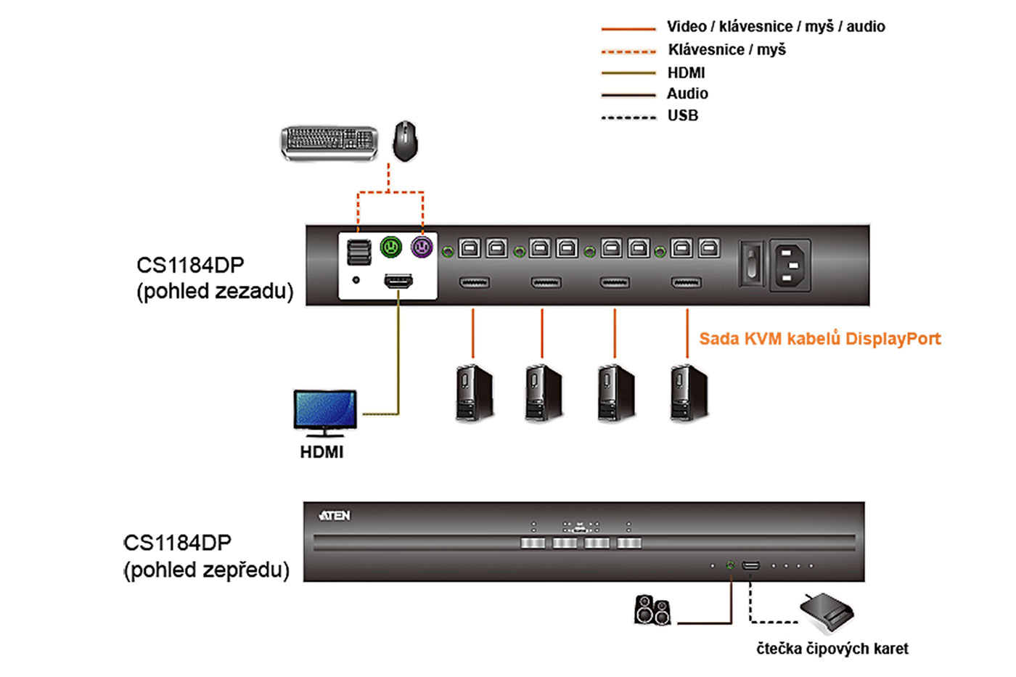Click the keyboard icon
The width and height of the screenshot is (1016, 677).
click(329, 141)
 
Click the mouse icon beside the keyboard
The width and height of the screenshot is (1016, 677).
click(405, 141)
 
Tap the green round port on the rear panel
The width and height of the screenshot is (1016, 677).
click(391, 247)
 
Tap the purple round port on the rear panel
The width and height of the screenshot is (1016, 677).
click(422, 247)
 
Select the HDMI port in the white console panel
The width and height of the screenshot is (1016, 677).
click(398, 281)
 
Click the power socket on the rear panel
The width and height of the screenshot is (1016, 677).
click(790, 265)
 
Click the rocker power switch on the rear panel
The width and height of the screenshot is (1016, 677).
click(751, 265)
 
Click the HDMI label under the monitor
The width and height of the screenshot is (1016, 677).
click(321, 452)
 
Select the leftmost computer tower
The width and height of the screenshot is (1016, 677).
click(474, 393)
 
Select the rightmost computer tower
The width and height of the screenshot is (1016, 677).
click(689, 393)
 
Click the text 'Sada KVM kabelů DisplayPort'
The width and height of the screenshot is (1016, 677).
click(819, 339)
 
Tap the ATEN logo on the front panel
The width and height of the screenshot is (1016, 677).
click(335, 516)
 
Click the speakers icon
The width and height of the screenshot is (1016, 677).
click(652, 610)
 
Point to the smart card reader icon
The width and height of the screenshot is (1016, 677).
click(827, 611)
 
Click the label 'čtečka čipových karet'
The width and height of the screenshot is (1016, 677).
click(832, 649)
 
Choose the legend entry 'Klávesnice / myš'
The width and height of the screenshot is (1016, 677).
click(726, 50)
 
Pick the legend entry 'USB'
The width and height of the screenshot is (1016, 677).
click(683, 115)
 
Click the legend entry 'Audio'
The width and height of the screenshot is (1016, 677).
click(687, 94)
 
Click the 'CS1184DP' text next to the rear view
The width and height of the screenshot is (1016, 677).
click(190, 265)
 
